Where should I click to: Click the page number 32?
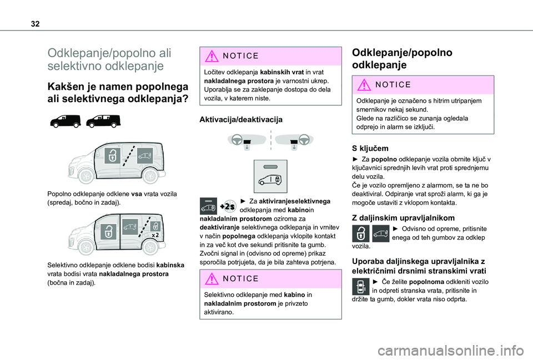point(35,24)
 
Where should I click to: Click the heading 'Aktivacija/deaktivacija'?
point(240,120)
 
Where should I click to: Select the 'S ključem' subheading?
point(370,149)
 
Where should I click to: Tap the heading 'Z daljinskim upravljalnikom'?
point(403,217)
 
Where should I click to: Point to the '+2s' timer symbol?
point(228,206)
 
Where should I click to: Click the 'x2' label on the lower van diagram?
point(155,235)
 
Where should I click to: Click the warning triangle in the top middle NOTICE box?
point(212,56)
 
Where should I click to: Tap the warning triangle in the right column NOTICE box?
point(364,84)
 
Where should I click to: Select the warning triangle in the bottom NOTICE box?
point(212,279)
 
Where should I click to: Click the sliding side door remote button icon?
point(361,287)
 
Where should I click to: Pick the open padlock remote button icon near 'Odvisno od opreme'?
point(361,234)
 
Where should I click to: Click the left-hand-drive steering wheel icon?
point(237,140)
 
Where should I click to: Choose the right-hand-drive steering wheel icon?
point(304,140)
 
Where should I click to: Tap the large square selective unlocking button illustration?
point(270,176)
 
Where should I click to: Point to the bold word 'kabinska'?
point(170,265)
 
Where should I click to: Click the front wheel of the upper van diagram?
point(87,176)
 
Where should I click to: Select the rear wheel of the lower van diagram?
point(150,247)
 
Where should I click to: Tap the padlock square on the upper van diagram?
point(113,156)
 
